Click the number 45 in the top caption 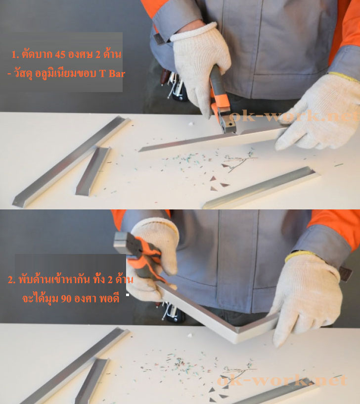[60, 54]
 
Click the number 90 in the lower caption [66, 299]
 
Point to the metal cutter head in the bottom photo [126, 244]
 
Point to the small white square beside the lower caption [128, 295]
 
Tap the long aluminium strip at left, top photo [71, 161]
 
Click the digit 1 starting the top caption [14, 54]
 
